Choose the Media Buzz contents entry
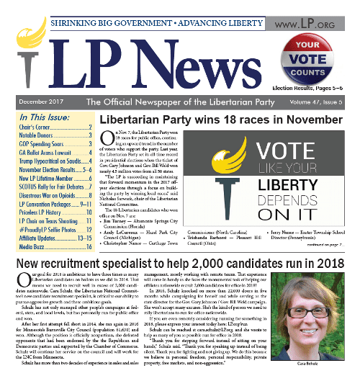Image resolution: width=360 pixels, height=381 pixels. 41,247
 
